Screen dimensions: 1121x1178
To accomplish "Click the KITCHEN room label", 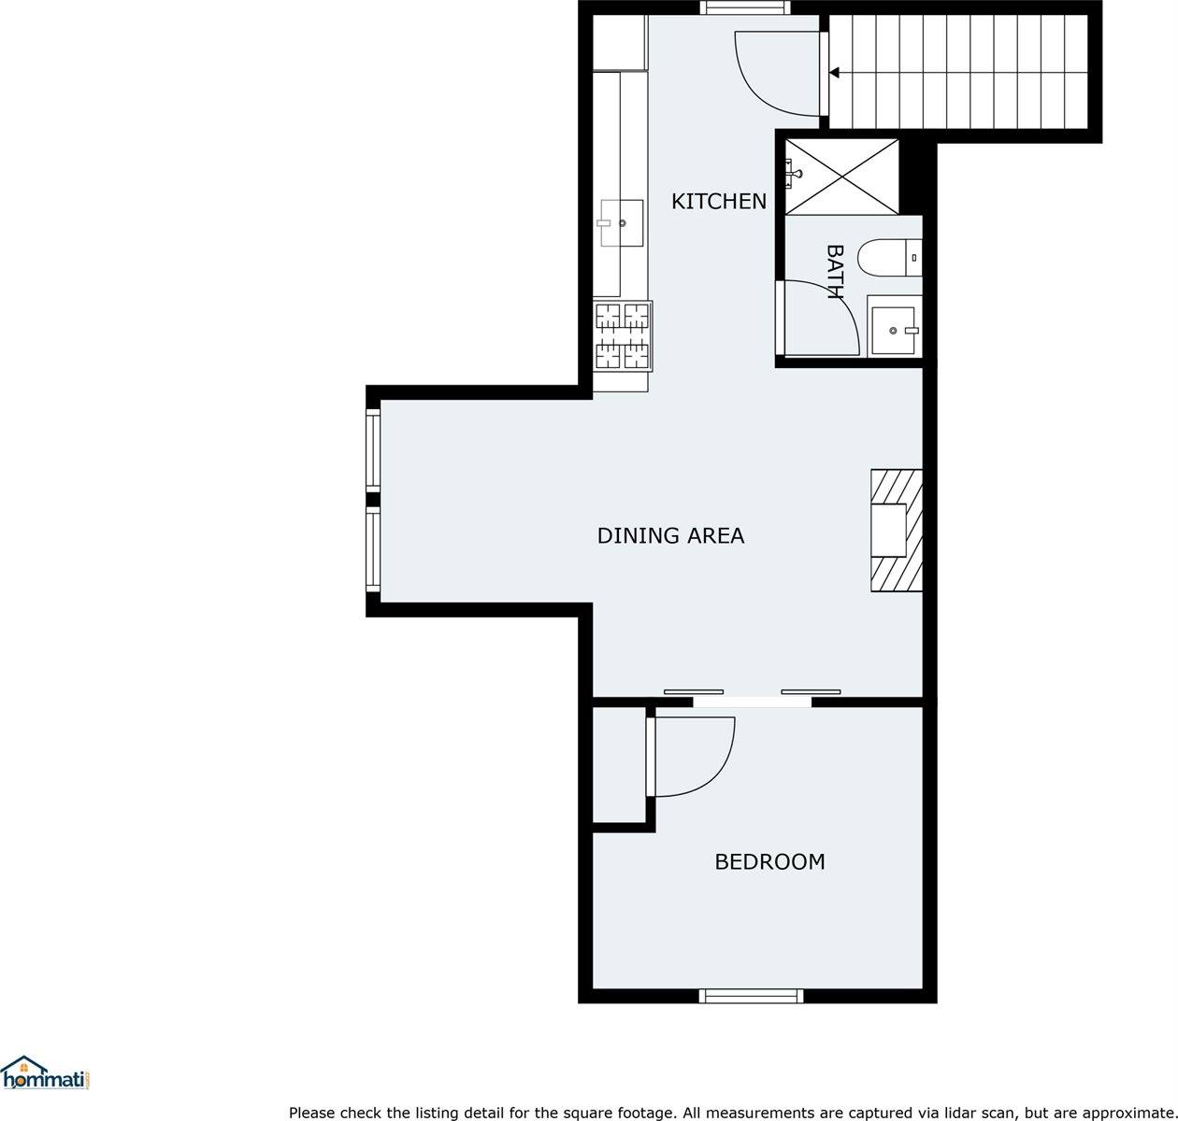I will (718, 201).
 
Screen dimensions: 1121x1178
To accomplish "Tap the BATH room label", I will (835, 272).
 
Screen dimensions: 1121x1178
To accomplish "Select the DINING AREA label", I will (670, 535).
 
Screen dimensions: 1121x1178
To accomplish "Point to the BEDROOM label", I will (769, 861).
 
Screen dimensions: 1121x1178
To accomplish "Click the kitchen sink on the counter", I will (621, 223).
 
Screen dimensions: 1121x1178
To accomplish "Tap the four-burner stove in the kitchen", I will (623, 335).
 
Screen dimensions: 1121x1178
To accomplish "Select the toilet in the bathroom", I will (889, 257).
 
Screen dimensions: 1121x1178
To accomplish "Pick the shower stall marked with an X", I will (841, 177).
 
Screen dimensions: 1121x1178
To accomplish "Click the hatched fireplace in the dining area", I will (896, 531).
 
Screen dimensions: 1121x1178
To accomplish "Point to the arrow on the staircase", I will (833, 72).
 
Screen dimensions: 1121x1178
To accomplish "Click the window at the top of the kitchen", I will (745, 8).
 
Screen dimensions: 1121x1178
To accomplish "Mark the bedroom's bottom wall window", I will (751, 996).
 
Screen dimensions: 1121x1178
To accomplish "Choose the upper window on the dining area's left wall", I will (373, 450).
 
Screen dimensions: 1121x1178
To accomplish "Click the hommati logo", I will (45, 1075).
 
